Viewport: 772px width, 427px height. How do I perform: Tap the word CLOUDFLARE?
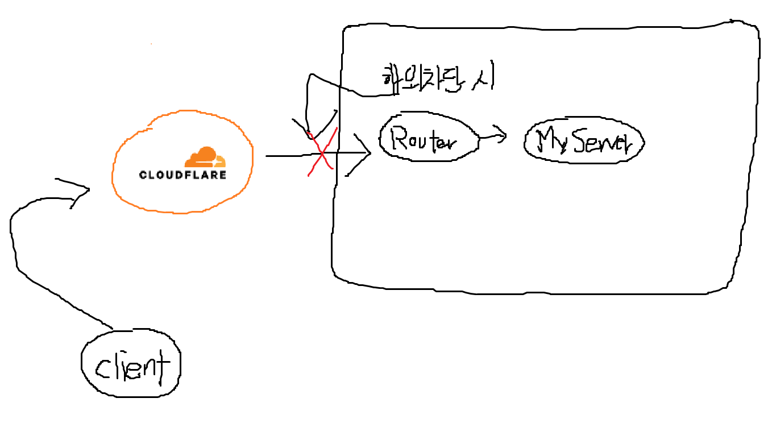click(x=182, y=175)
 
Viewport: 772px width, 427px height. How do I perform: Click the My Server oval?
click(x=583, y=142)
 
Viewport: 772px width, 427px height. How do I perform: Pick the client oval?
click(x=131, y=364)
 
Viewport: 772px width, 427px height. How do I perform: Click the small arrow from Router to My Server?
click(x=493, y=136)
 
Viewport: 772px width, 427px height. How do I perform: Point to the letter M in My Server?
click(x=549, y=139)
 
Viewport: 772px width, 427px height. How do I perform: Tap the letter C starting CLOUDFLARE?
click(x=143, y=175)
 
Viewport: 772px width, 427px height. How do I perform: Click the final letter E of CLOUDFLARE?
click(x=222, y=175)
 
